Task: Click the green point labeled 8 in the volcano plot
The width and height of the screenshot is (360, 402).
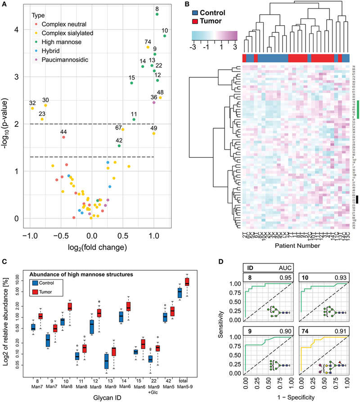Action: click(157, 14)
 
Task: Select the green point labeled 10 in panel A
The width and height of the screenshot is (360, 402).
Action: click(165, 36)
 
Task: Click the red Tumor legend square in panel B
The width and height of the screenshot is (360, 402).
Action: click(197, 22)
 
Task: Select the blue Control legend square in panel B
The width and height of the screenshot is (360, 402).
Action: click(197, 13)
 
